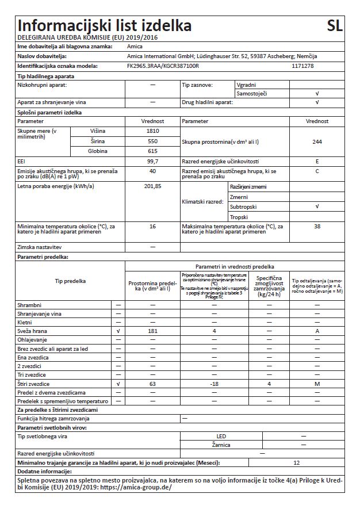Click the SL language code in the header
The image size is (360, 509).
tap(335, 25)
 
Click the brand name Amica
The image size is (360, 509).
tap(134, 45)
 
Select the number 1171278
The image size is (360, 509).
tap(303, 66)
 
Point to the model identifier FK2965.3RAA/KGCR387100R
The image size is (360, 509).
tap(162, 66)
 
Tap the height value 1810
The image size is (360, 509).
tap(152, 131)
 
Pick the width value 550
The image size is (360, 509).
tap(152, 141)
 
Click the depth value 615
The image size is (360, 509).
tap(152, 151)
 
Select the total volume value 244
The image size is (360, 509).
tap(317, 141)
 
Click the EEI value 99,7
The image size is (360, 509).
tap(152, 162)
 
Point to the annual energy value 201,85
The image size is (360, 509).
tap(152, 186)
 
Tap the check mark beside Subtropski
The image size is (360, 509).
tap(317, 206)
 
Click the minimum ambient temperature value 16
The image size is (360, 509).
tap(152, 227)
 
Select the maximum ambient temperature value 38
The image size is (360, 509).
tap(317, 227)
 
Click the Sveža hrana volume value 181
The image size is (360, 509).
tap(152, 332)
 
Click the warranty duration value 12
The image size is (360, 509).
tap(297, 462)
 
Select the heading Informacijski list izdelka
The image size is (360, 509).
tap(105, 26)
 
